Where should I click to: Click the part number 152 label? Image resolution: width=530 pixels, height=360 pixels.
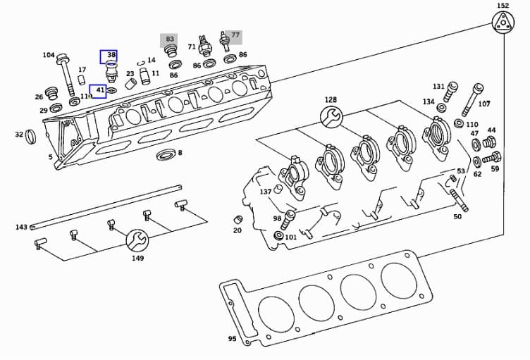click(503, 6)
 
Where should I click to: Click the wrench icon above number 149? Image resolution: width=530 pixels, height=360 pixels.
click(137, 241)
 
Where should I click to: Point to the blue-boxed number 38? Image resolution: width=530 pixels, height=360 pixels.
click(109, 55)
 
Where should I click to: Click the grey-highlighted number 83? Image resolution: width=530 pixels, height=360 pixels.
click(169, 39)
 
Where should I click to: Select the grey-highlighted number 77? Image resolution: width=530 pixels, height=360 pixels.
click(234, 35)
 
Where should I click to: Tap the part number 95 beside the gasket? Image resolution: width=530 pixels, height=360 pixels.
click(232, 339)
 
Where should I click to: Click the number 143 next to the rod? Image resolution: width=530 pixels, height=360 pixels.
click(21, 227)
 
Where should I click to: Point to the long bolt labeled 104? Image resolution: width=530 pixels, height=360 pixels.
click(66, 75)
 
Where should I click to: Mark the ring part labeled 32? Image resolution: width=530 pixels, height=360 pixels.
click(32, 135)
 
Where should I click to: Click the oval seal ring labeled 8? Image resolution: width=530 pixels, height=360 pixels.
click(166, 154)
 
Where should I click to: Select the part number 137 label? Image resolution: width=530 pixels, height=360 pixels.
click(265, 192)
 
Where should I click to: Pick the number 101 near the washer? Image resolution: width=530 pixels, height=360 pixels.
click(290, 237)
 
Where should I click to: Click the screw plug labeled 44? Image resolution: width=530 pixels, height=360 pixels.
click(488, 144)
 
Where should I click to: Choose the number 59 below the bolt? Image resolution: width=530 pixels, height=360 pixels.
click(495, 169)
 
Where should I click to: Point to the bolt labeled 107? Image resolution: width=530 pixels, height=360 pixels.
click(473, 100)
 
